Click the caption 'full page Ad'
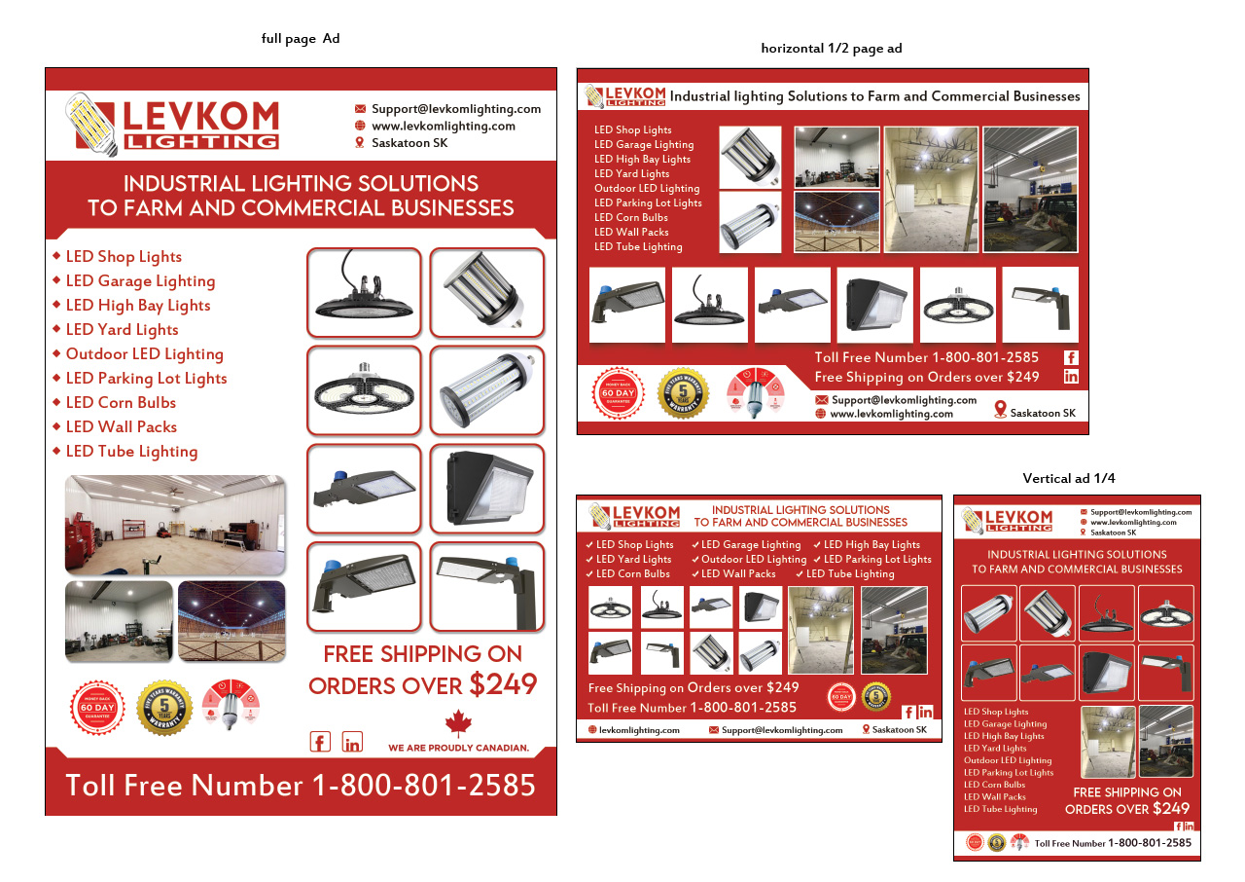[x=301, y=39]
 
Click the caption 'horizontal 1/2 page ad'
[x=831, y=49]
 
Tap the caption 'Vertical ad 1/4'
[x=1069, y=478]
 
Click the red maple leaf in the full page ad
[x=457, y=723]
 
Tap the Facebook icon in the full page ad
[x=320, y=742]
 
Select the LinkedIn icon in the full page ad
[x=352, y=742]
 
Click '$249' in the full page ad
[x=503, y=684]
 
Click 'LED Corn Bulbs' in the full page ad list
[x=121, y=402]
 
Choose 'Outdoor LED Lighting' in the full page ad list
[x=144, y=353]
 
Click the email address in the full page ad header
[x=456, y=109]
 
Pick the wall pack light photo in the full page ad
[x=486, y=489]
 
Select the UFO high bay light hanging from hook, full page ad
[x=364, y=293]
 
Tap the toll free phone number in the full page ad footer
[x=301, y=785]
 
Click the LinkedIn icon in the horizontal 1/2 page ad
[x=1071, y=377]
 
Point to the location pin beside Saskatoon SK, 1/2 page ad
[x=1000, y=410]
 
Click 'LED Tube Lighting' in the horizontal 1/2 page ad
[x=638, y=246]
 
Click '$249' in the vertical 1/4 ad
[x=1171, y=808]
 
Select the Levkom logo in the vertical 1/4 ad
[x=1008, y=520]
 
